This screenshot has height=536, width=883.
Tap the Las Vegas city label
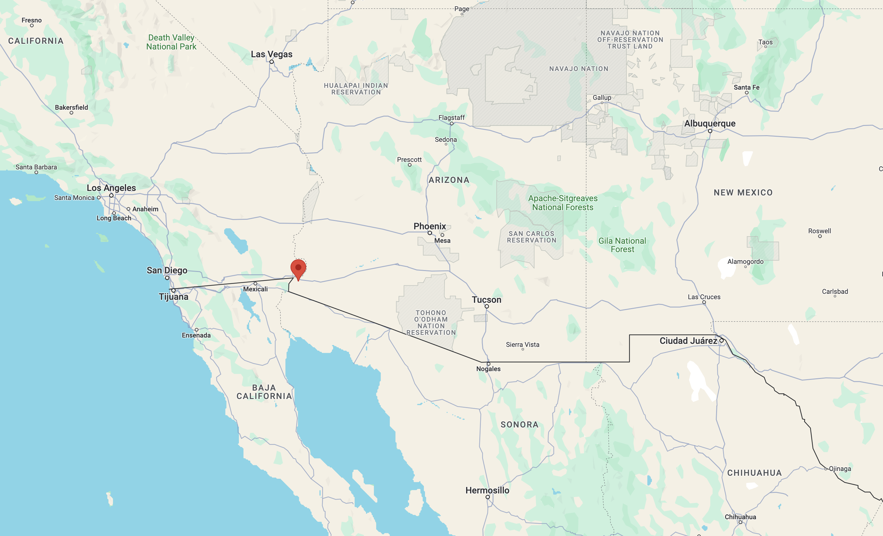click(271, 55)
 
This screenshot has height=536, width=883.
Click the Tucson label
click(486, 300)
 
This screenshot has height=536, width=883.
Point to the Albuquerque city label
click(710, 124)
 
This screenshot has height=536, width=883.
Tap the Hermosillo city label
click(487, 490)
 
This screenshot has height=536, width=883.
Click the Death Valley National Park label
click(171, 42)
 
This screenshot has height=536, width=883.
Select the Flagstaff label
click(451, 118)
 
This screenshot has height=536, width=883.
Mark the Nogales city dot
click(488, 364)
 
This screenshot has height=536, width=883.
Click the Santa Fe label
click(746, 87)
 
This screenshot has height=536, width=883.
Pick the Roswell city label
click(820, 231)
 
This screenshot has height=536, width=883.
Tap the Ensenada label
click(196, 335)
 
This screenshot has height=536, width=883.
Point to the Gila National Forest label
click(622, 245)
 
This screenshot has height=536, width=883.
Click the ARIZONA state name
click(449, 180)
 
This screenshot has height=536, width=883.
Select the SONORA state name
click(519, 425)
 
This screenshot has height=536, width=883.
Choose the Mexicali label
click(255, 289)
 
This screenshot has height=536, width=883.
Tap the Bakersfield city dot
click(71, 113)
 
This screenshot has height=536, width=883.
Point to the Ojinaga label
click(840, 469)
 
